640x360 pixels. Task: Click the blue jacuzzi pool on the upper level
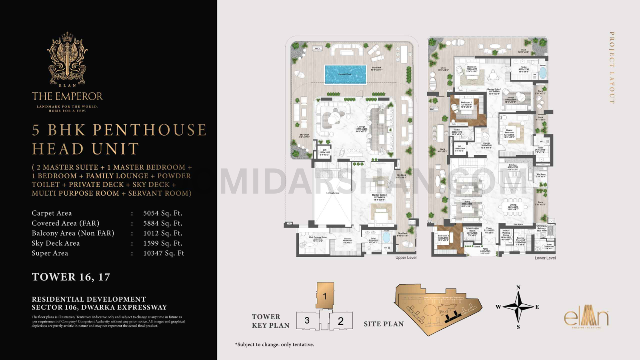(345, 74)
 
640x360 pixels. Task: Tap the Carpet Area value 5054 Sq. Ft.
(162, 213)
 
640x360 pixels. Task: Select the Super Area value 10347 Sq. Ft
(163, 253)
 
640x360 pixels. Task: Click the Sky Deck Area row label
(56, 243)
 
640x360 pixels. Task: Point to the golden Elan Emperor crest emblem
(67, 59)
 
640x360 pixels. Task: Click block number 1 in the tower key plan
(325, 296)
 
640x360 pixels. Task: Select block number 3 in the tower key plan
(307, 320)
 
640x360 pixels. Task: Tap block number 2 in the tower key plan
(341, 321)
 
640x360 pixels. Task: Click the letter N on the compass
(518, 287)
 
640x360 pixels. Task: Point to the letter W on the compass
(498, 307)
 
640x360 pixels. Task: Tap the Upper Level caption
(406, 258)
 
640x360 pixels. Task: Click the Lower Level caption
(545, 258)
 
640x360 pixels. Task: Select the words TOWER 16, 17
(71, 277)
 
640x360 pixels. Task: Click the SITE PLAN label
(384, 324)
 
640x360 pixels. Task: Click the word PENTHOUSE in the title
(149, 130)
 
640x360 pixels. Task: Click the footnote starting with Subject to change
(274, 344)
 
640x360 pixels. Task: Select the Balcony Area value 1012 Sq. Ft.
(162, 233)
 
